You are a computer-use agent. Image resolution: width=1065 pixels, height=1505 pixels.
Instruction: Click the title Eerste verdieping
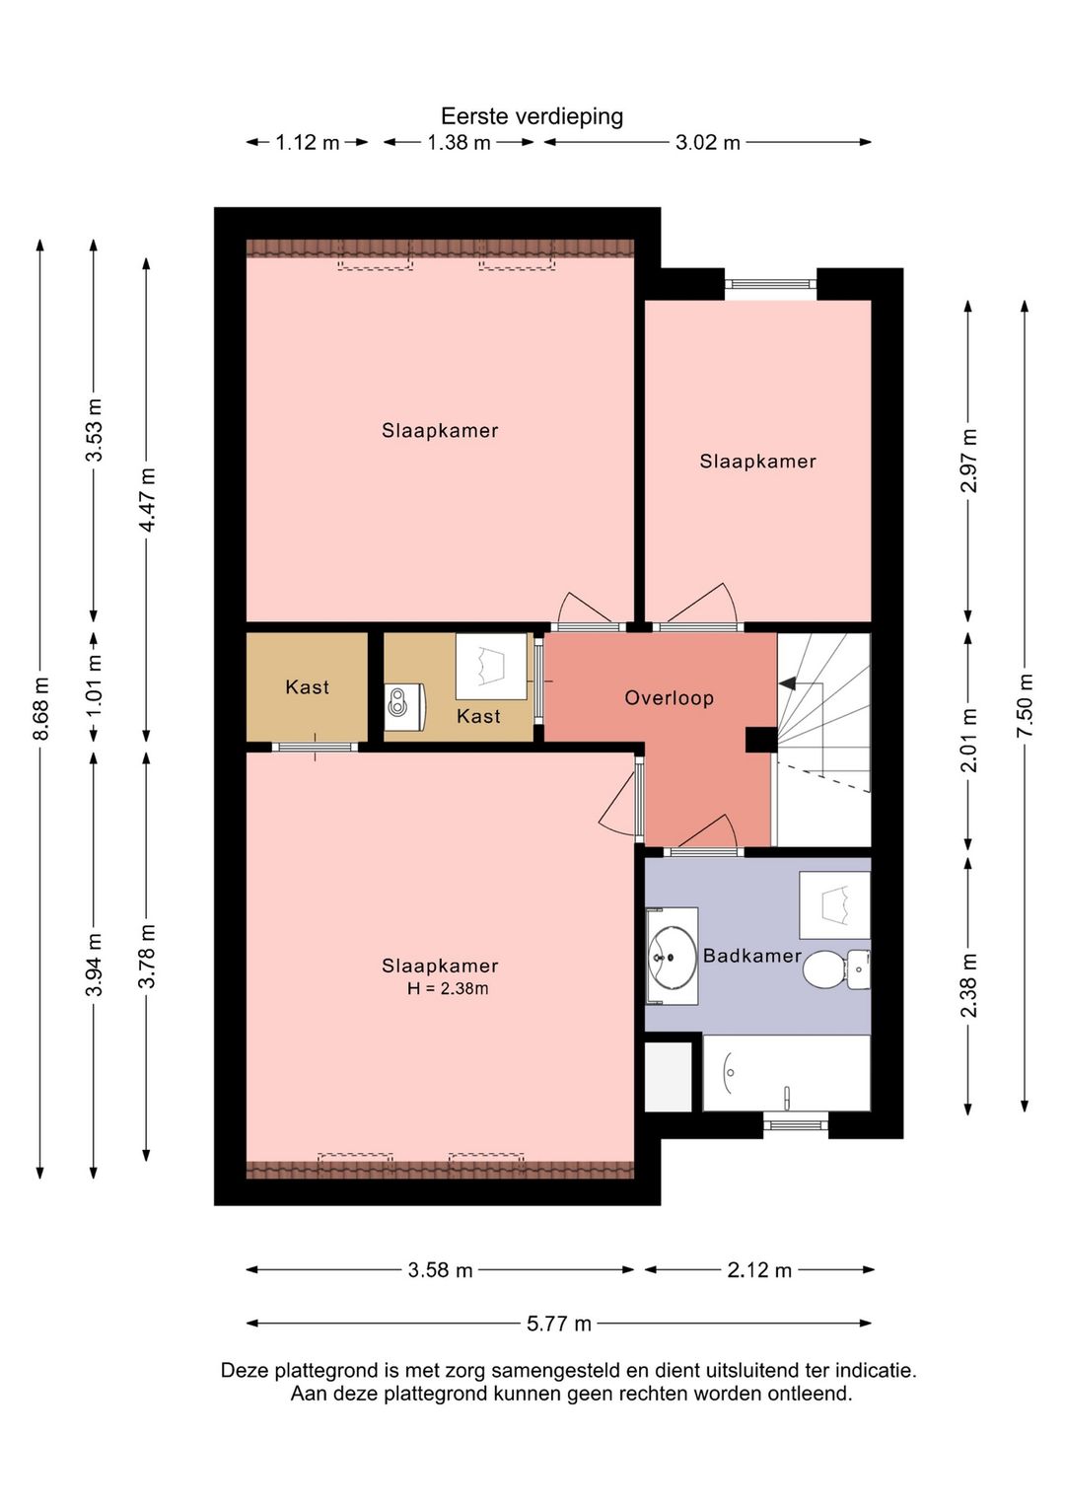pyautogui.click(x=532, y=116)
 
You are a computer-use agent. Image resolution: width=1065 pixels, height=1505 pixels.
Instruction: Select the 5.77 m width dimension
pyautogui.click(x=558, y=1324)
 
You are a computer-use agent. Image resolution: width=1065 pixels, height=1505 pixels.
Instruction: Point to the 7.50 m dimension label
pyautogui.click(x=1025, y=705)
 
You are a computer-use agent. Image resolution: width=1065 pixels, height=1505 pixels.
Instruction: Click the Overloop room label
pyautogui.click(x=670, y=698)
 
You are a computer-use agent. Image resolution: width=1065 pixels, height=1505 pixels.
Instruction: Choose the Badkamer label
pyautogui.click(x=751, y=956)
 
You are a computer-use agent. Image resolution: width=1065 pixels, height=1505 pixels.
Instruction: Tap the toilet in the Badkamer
pyautogui.click(x=836, y=969)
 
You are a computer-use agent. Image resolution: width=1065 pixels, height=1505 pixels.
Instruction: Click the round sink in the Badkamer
pyautogui.click(x=672, y=957)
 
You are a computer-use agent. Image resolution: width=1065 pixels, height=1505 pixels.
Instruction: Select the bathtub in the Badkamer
pyautogui.click(x=786, y=1073)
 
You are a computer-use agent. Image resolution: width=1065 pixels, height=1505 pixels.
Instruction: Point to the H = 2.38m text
pyautogui.click(x=448, y=988)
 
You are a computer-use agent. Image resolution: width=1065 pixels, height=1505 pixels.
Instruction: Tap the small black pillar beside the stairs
pyautogui.click(x=761, y=740)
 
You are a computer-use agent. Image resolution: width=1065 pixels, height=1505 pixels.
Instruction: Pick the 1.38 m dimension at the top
pyautogui.click(x=459, y=142)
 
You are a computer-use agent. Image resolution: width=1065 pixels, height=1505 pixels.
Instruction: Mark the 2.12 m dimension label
pyautogui.click(x=759, y=1270)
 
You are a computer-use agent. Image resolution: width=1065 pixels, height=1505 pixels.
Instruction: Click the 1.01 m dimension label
pyautogui.click(x=95, y=686)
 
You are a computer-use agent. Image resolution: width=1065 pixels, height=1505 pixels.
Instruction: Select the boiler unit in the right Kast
pyautogui.click(x=404, y=707)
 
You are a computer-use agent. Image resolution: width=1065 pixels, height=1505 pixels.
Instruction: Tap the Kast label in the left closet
pyautogui.click(x=307, y=686)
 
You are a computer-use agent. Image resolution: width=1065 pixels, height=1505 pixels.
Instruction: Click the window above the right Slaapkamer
pyautogui.click(x=771, y=284)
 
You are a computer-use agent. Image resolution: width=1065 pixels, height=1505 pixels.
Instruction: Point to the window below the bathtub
pyautogui.click(x=796, y=1124)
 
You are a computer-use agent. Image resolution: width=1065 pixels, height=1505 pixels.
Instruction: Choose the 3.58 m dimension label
pyautogui.click(x=440, y=1270)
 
